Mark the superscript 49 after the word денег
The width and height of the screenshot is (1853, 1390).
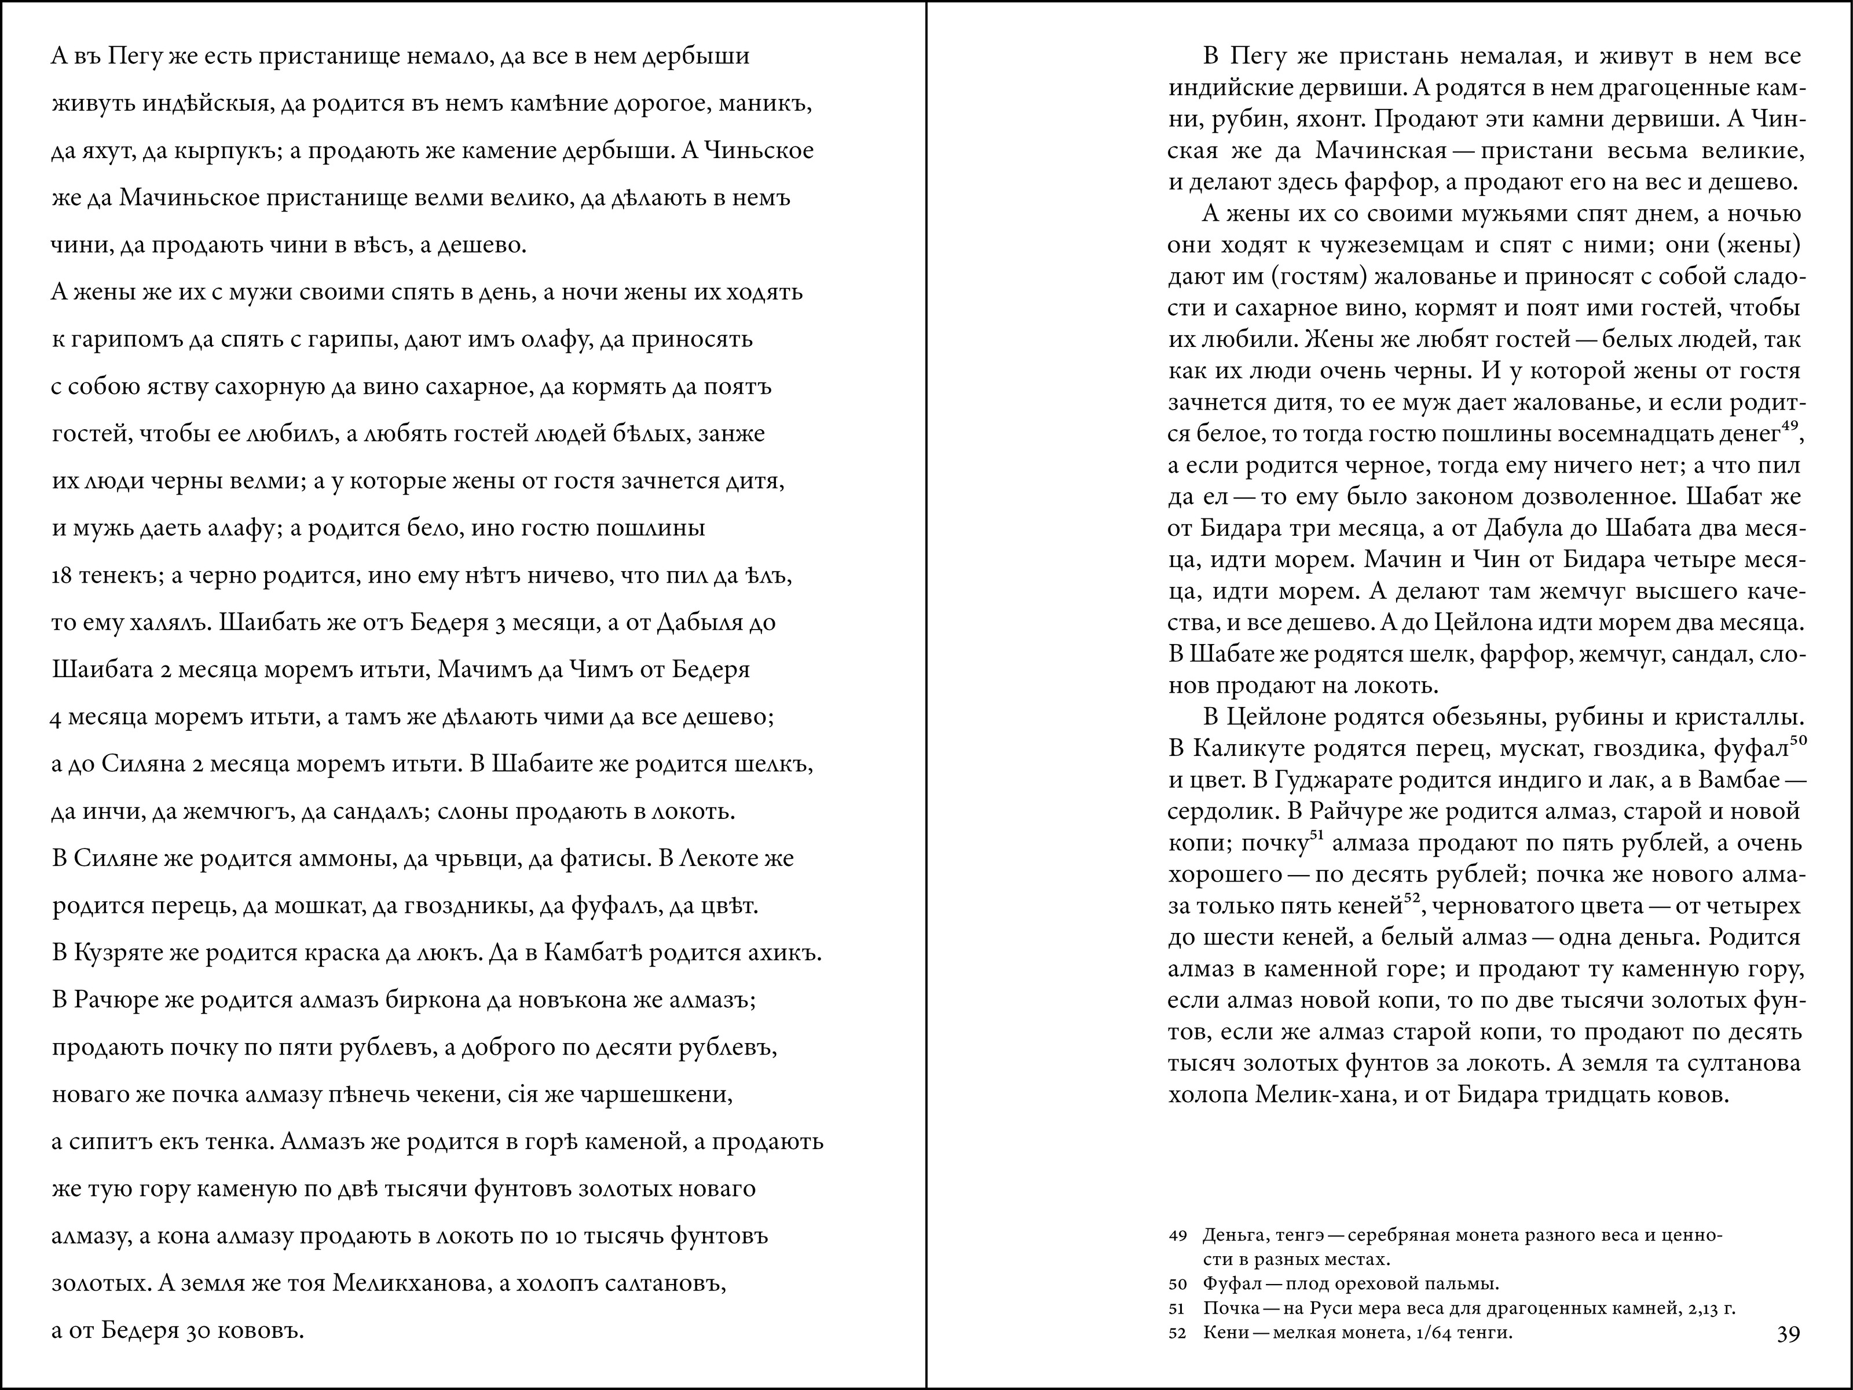pos(1790,426)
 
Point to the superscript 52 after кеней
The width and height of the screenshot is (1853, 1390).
pos(1412,899)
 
